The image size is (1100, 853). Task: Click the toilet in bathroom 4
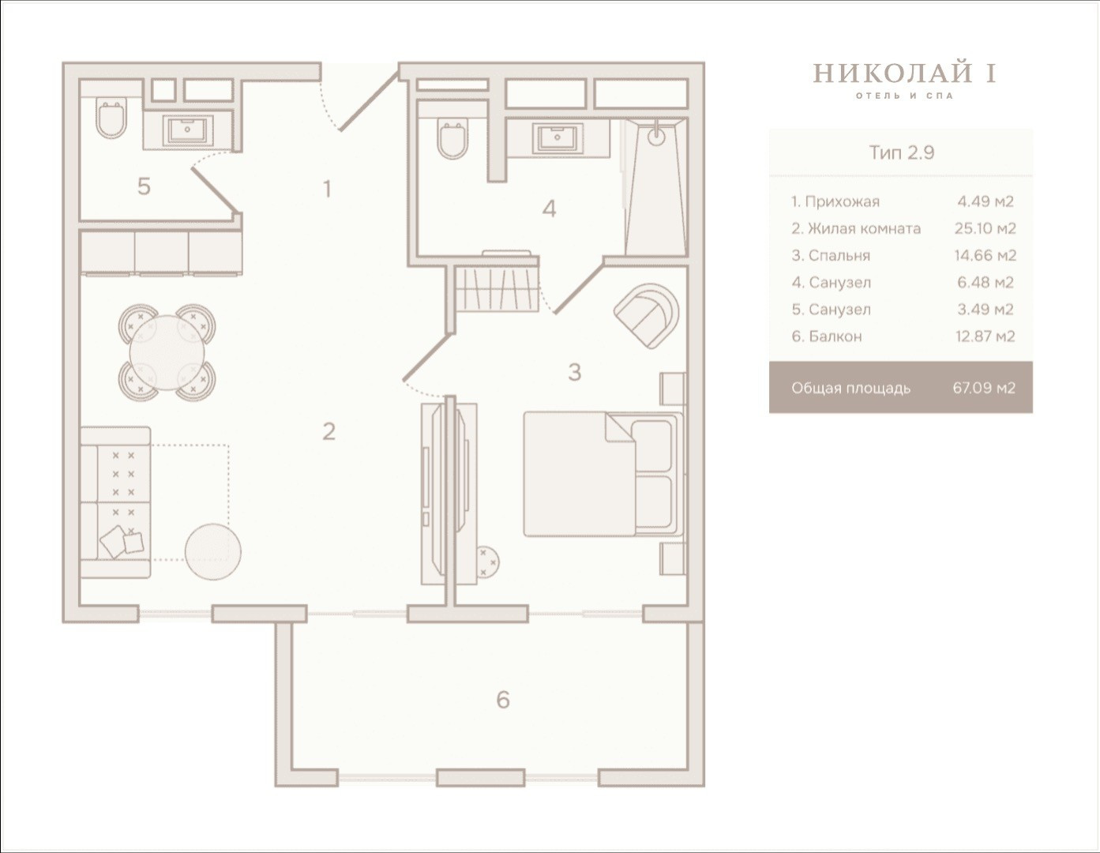pyautogui.click(x=452, y=139)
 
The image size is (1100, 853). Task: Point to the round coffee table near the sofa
pyautogui.click(x=213, y=552)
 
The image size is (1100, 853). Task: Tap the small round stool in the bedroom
pyautogui.click(x=487, y=562)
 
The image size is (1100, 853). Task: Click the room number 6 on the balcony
pyautogui.click(x=503, y=700)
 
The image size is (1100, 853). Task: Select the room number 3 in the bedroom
pyautogui.click(x=575, y=373)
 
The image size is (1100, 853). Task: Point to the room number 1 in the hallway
pyautogui.click(x=328, y=190)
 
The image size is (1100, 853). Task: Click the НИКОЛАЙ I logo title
pyautogui.click(x=905, y=73)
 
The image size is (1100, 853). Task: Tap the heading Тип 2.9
pyautogui.click(x=902, y=152)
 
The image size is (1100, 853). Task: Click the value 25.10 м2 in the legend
pyautogui.click(x=985, y=228)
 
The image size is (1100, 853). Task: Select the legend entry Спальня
pyautogui.click(x=831, y=256)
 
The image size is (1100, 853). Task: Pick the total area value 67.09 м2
pyautogui.click(x=984, y=389)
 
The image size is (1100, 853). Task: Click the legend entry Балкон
pyautogui.click(x=827, y=336)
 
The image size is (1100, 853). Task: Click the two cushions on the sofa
pyautogui.click(x=122, y=542)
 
